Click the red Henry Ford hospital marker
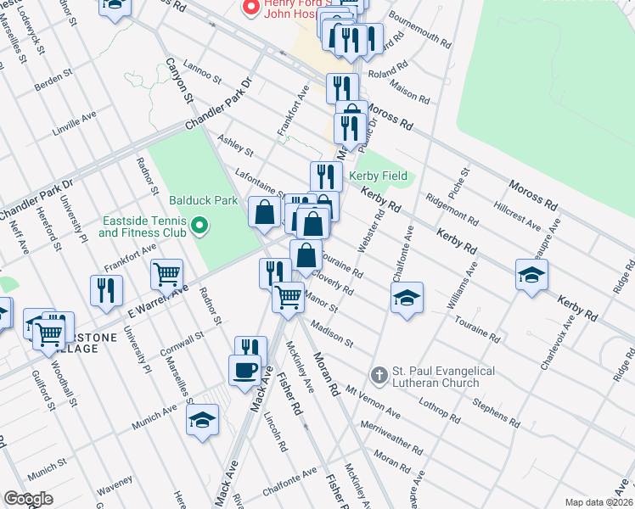pyautogui.click(x=250, y=8)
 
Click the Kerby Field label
pyautogui.click(x=379, y=176)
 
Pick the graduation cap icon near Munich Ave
pyautogui.click(x=202, y=421)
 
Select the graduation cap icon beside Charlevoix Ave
pyautogui.click(x=531, y=274)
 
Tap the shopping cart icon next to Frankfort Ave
pyautogui.click(x=167, y=273)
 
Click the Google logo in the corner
pyautogui.click(x=28, y=499)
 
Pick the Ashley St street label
pyautogui.click(x=236, y=145)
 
